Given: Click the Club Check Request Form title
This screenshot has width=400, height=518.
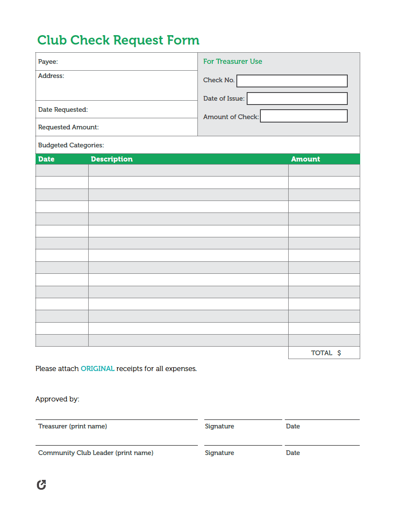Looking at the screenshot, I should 118,40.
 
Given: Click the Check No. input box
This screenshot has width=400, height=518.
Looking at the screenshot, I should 292,81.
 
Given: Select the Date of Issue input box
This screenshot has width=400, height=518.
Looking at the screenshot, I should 297,99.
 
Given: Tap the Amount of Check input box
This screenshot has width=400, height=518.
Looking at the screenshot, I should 304,116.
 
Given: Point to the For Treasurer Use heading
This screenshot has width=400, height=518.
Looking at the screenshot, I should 233,61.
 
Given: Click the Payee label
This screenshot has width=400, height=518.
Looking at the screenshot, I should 48,62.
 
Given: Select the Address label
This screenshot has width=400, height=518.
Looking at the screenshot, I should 51,76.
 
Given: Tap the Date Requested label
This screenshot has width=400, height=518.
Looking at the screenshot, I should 63,110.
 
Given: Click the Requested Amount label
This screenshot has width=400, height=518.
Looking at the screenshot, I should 69,127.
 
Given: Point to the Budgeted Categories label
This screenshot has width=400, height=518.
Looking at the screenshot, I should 71,145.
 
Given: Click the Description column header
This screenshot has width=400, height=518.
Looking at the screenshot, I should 112,159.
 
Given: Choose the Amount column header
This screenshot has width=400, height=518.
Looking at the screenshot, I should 305,159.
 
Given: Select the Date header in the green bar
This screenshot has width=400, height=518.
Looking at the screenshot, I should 46,159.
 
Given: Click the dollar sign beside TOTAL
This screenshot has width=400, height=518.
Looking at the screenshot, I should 339,353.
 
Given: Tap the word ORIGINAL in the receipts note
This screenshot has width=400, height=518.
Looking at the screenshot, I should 98,368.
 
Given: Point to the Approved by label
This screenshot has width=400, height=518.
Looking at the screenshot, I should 57,399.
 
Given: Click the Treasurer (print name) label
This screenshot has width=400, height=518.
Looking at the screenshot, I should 72,426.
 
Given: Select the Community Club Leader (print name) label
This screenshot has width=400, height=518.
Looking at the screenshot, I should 96,453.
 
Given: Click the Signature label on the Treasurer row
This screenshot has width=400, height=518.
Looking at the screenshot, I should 219,426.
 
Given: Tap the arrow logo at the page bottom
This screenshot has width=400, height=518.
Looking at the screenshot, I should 42,485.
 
